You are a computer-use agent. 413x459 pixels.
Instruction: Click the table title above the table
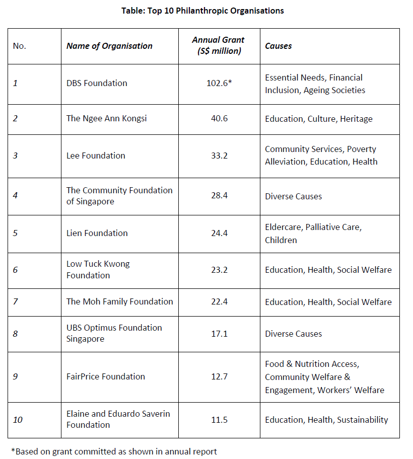202,11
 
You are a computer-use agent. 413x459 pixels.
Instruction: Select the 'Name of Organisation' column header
109,46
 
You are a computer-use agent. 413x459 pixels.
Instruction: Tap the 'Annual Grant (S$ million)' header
219,45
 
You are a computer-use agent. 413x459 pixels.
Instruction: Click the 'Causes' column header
279,46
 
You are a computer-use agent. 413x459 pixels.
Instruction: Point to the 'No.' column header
20,46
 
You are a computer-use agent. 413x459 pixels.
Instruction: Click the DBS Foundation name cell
97,83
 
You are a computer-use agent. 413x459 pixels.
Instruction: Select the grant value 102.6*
219,83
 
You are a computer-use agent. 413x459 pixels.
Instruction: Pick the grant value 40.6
219,119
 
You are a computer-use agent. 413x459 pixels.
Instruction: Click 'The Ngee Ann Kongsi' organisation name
107,119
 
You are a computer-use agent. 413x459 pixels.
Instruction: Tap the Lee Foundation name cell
96,156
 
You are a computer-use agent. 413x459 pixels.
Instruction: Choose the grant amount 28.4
219,196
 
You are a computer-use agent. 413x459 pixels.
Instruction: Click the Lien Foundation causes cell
313,234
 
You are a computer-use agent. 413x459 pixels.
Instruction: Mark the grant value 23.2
219,270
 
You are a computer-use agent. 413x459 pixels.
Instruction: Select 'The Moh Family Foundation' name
119,301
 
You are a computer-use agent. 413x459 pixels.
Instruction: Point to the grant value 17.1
219,333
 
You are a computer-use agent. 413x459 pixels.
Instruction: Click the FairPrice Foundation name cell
106,376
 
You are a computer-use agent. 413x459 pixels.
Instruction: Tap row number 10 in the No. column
18,420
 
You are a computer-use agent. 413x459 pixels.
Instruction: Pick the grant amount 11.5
219,420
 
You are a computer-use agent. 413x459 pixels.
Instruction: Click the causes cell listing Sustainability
326,420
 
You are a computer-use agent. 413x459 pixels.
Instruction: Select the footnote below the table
114,451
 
